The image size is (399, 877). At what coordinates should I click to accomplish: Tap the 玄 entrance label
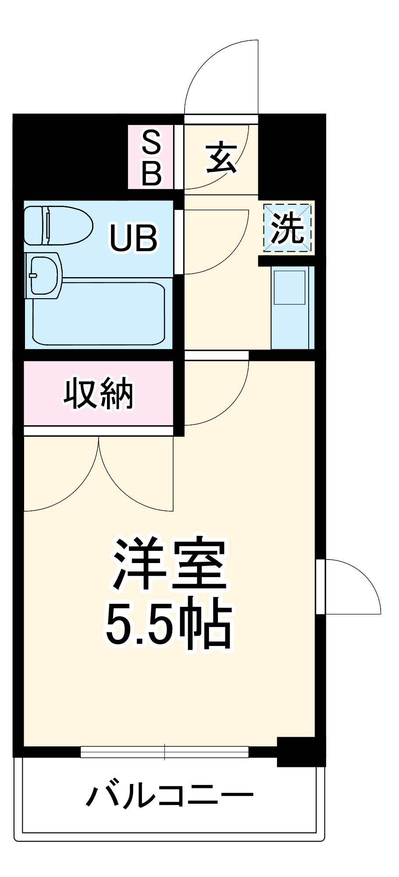221,157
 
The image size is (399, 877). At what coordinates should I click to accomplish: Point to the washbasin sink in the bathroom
44,275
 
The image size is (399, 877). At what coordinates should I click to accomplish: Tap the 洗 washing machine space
287,228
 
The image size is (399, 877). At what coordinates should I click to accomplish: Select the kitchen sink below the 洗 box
289,288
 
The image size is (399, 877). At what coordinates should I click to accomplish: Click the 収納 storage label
98,393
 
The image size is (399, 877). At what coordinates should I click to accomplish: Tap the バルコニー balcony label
169,795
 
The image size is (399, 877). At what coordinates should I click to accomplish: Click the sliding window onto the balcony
164,752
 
